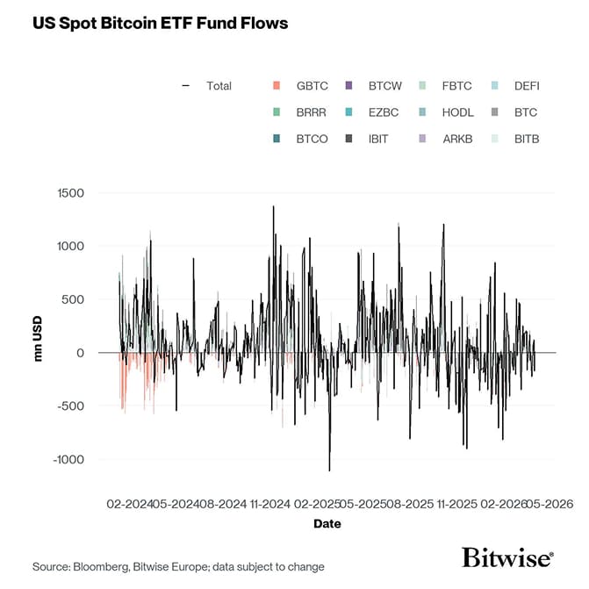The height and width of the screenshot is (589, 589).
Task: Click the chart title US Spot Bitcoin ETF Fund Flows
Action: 160,23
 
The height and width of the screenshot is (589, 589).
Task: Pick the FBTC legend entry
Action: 456,86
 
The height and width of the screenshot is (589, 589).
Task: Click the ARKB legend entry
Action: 457,139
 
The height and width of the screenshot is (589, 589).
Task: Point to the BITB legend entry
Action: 527,139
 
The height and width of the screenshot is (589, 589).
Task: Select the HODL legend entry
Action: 457,112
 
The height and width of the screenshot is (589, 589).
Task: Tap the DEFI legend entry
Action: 527,86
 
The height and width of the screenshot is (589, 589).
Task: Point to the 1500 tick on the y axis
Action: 71,193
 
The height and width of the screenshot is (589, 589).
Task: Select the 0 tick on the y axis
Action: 81,353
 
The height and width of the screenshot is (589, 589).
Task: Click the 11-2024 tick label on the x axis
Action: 269,504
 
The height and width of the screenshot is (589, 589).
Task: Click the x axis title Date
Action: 327,524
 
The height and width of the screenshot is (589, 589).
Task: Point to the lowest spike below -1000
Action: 330,470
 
